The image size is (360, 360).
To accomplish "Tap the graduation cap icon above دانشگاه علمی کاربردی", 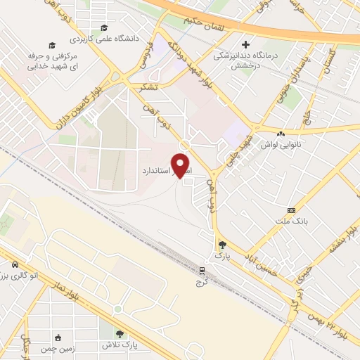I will click(103, 28).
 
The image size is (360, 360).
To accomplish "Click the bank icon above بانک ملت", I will click(291, 210).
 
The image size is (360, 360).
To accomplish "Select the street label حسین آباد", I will click(266, 264).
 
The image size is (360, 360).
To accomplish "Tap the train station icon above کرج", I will click(202, 270).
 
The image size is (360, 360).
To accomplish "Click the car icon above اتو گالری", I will click(15, 265).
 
